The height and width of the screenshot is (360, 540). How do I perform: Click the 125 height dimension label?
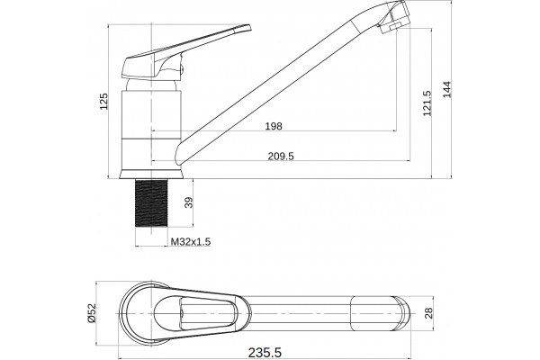[x=103, y=102]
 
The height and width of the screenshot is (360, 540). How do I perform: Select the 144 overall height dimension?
[x=446, y=89]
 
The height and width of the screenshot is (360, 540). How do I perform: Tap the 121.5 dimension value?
[x=427, y=103]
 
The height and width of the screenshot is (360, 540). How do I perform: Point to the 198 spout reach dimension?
[x=274, y=126]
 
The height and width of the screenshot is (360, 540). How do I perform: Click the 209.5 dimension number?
[x=281, y=156]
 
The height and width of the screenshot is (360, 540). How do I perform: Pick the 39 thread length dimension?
[x=189, y=202]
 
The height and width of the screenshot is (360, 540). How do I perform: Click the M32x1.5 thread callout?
[x=191, y=241]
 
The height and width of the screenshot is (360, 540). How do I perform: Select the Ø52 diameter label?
[x=91, y=313]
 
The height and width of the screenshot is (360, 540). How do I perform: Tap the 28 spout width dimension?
[x=428, y=313]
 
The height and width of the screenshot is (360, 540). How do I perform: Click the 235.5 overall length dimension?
[x=265, y=353]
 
